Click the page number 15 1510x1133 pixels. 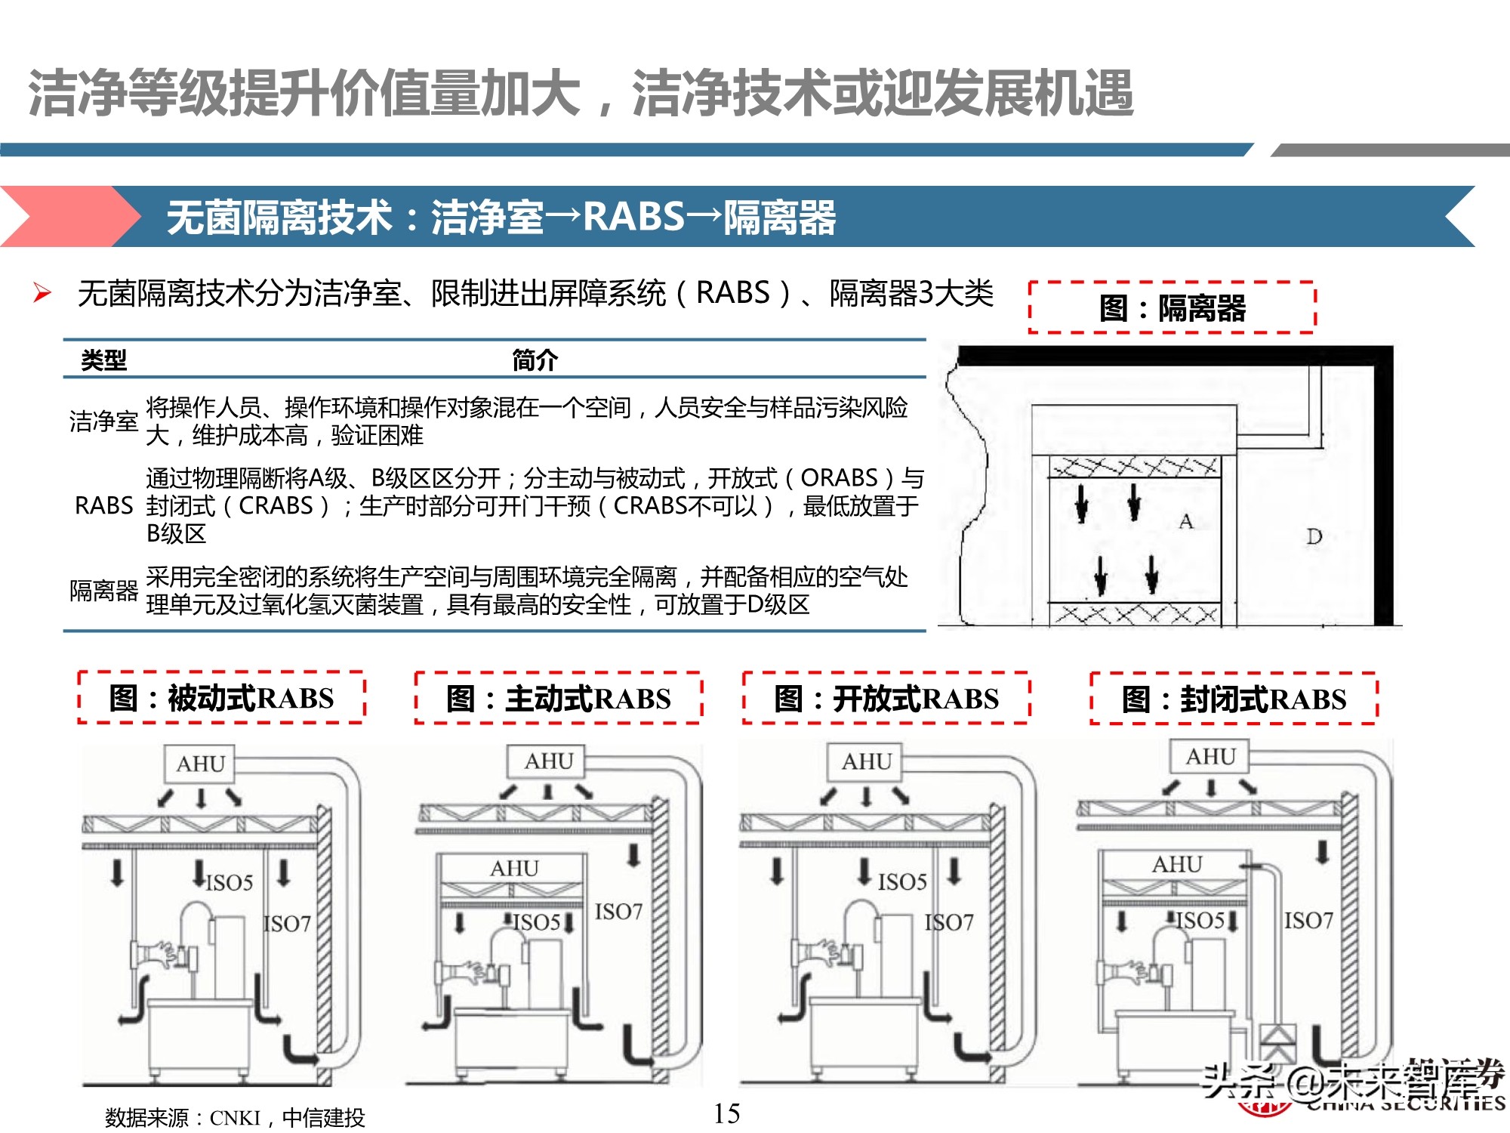726,1113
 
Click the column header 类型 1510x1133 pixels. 103,360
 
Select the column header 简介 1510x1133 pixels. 535,360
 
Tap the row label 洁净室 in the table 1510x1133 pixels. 103,421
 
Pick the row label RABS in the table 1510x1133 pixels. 103,505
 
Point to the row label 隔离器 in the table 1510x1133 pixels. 103,591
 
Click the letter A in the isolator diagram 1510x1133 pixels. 1186,521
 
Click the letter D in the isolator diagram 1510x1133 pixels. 1314,536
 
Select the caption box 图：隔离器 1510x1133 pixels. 1172,307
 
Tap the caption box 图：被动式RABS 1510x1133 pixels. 221,698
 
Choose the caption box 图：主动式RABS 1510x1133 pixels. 558,698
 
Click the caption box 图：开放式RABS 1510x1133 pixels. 886,698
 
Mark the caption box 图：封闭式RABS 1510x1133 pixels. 1234,699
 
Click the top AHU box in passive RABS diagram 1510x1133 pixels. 200,764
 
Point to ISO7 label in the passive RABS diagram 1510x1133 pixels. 287,923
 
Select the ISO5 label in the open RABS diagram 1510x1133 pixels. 902,881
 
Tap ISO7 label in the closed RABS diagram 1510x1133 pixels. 1308,920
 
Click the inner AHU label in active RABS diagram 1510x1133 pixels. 514,869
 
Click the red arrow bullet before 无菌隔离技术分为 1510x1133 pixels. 42,293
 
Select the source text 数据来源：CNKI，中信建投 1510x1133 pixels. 235,1117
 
